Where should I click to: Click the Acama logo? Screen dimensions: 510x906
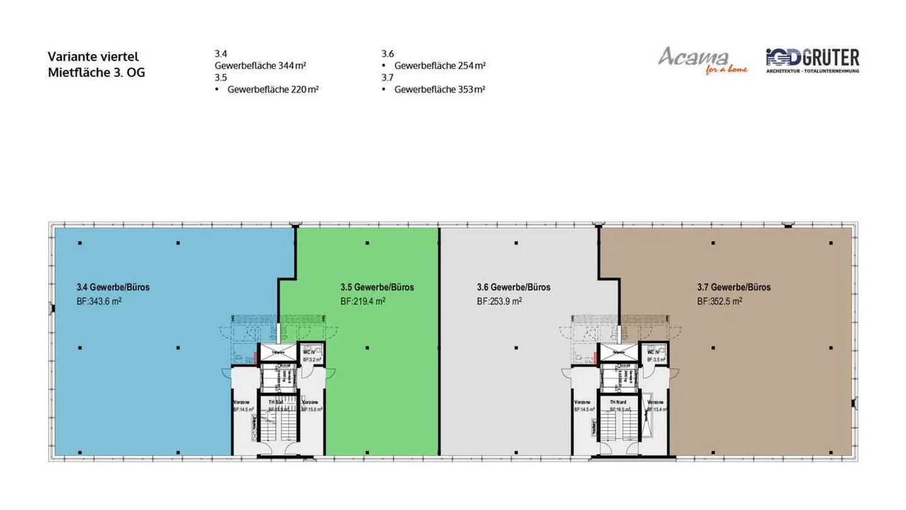click(x=702, y=59)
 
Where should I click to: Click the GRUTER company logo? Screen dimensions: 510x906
click(x=812, y=59)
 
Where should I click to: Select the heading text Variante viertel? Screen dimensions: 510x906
click(x=92, y=57)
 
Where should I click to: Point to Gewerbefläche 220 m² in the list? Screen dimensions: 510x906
click(x=272, y=89)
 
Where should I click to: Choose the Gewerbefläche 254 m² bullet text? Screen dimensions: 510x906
click(x=440, y=65)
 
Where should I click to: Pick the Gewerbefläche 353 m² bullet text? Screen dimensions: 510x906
click(x=440, y=89)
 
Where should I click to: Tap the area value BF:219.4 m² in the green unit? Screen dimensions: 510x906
click(x=363, y=302)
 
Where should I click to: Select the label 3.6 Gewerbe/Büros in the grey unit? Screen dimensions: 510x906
click(x=513, y=288)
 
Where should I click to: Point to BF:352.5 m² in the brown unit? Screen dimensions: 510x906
click(x=719, y=302)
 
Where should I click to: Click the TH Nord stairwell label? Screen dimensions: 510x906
click(x=617, y=402)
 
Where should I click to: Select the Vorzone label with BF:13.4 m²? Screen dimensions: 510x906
click(x=655, y=405)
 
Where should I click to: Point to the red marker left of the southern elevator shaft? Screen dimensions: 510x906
click(x=256, y=358)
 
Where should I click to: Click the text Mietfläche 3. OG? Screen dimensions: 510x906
click(x=96, y=72)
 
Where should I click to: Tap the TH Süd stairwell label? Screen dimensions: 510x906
click(x=276, y=402)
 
